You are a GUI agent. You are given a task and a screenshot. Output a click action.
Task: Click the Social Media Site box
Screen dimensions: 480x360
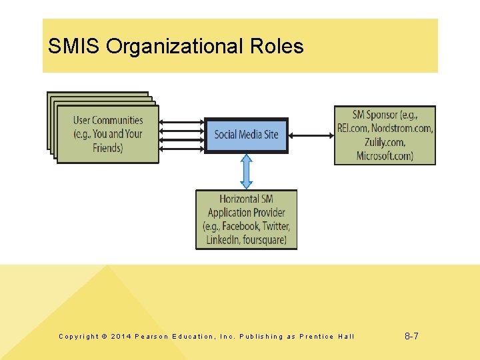pyautogui.click(x=246, y=135)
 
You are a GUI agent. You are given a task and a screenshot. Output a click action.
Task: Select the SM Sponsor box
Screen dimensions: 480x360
pyautogui.click(x=385, y=135)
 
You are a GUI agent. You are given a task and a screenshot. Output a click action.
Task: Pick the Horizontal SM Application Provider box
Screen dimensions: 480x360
pyautogui.click(x=246, y=219)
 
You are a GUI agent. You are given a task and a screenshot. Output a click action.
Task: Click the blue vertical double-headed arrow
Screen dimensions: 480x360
pyautogui.click(x=246, y=172)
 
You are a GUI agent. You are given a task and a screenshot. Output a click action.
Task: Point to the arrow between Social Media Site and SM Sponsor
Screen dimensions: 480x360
pyautogui.click(x=311, y=135)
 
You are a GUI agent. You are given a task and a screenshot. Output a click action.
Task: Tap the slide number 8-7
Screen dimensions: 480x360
pyautogui.click(x=411, y=336)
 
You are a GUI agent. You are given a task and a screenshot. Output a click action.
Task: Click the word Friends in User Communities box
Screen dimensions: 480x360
pyautogui.click(x=108, y=147)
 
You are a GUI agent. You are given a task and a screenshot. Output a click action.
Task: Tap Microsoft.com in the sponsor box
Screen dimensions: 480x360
pyautogui.click(x=385, y=156)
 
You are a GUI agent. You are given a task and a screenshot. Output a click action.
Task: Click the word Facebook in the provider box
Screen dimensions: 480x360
pyautogui.click(x=240, y=227)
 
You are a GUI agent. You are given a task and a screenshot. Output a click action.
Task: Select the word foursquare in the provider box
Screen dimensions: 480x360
pyautogui.click(x=265, y=240)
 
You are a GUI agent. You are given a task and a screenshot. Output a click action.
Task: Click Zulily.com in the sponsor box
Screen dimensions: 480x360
pyautogui.click(x=385, y=142)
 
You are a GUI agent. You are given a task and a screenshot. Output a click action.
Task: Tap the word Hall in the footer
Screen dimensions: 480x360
pyautogui.click(x=347, y=337)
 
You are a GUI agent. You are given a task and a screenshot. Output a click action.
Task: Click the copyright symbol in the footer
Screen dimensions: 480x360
pyautogui.click(x=103, y=337)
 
